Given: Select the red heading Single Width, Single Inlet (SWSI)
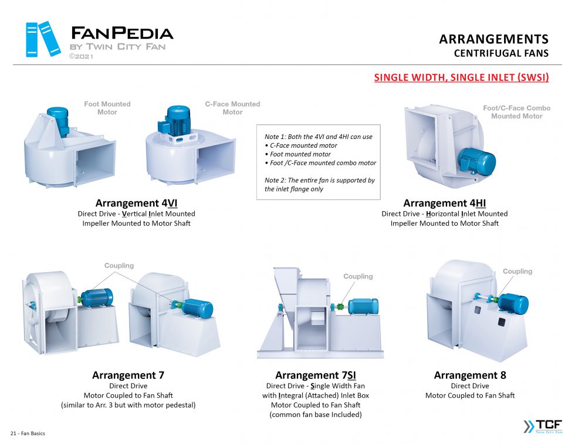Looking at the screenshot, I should coord(461,77).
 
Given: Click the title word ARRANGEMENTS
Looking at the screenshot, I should coord(493,39).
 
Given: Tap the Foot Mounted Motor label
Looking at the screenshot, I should coord(107,108).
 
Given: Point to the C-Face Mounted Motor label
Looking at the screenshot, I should coord(232,108).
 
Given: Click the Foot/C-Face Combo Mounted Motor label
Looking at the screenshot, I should coord(516,112).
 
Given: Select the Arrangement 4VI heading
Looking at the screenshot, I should coord(136,204).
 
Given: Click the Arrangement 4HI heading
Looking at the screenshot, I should coord(444,204).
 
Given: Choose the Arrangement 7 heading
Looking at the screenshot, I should coord(128,375).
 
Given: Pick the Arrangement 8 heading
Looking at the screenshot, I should coord(469,375).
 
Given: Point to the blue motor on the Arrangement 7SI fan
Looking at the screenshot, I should coord(363,306).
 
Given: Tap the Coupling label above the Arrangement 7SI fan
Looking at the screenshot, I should coord(358,276).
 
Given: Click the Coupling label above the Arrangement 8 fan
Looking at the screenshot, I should coord(517,271).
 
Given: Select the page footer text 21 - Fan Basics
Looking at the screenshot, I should coord(28,433).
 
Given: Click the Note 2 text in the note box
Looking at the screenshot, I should coord(319,185).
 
